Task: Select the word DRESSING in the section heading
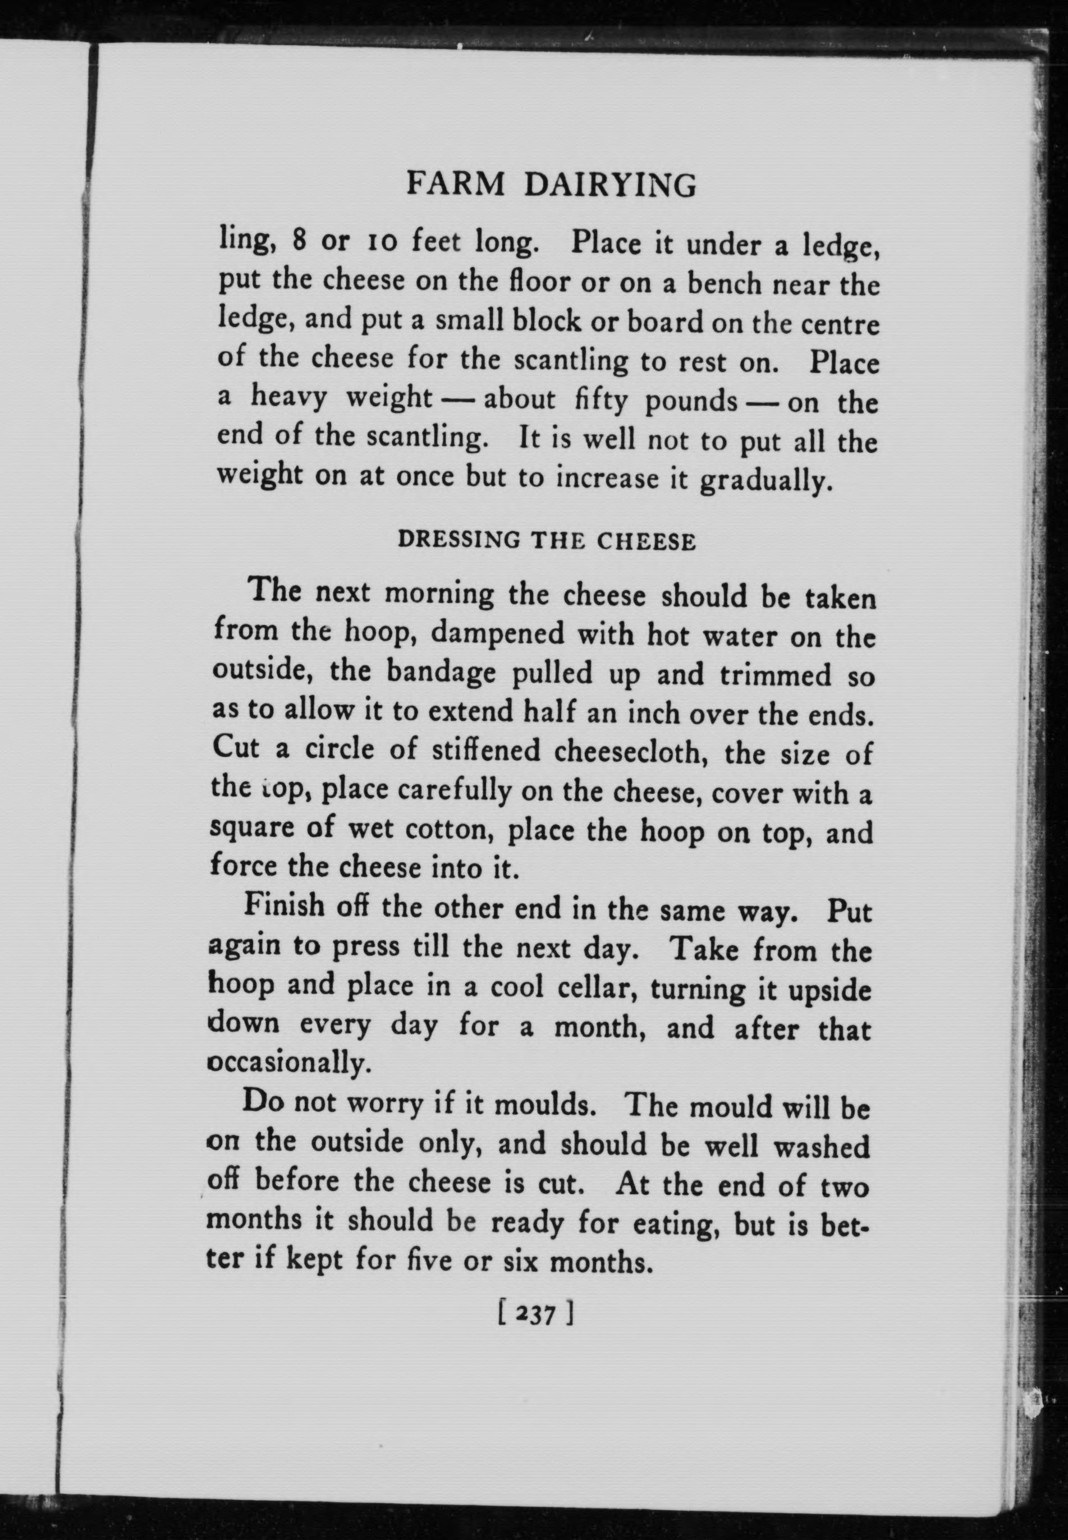pos(459,540)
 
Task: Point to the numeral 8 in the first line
pos(300,241)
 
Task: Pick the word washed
pos(821,1147)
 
